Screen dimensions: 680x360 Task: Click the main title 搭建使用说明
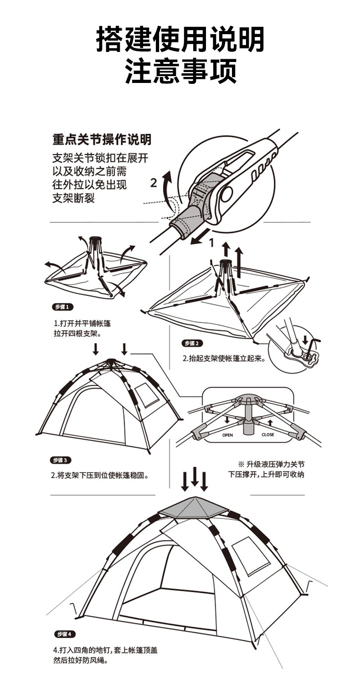tap(180, 39)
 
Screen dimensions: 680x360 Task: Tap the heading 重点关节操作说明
tap(102, 139)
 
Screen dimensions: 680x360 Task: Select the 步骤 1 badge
tap(63, 307)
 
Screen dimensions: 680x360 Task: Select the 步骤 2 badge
tap(192, 343)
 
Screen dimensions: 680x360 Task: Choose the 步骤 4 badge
tap(65, 634)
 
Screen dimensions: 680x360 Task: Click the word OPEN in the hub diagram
tap(227, 435)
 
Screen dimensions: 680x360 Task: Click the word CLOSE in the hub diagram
tap(268, 435)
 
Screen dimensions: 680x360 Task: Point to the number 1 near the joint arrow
tap(211, 242)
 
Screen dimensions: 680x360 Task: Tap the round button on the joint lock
tap(226, 194)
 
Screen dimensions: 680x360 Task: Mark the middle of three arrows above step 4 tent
tap(195, 477)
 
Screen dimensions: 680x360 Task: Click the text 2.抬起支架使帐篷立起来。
tap(224, 358)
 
